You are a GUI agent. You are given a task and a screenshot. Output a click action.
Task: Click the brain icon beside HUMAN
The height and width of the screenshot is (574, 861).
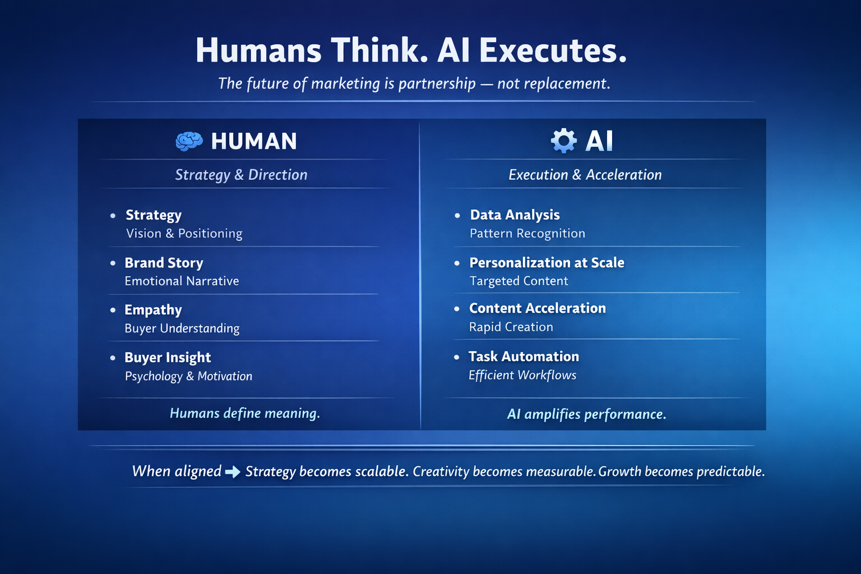click(x=189, y=141)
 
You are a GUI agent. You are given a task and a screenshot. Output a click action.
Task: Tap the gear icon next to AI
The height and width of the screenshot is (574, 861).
click(x=563, y=141)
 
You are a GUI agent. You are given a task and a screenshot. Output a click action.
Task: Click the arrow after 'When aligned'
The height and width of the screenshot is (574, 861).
click(x=233, y=472)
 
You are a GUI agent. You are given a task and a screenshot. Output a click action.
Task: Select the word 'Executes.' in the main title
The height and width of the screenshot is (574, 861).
click(x=553, y=50)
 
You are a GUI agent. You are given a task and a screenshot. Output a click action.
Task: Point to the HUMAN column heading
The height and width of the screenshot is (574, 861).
click(x=254, y=141)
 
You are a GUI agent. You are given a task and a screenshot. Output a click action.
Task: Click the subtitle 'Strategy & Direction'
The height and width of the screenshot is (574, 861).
click(x=241, y=175)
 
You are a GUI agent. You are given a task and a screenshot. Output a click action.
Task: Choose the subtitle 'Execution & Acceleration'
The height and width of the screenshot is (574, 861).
click(x=585, y=175)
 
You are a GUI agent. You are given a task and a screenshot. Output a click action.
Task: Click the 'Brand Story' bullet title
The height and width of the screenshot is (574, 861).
click(x=164, y=263)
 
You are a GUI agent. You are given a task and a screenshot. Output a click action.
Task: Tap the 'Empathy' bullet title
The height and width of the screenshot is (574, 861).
click(x=153, y=310)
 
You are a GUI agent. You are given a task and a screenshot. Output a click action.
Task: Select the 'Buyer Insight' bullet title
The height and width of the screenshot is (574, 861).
click(x=168, y=358)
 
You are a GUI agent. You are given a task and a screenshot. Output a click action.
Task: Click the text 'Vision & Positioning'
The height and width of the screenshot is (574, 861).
click(x=184, y=234)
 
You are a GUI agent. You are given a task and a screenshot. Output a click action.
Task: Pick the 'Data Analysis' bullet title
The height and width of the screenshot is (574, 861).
click(x=515, y=215)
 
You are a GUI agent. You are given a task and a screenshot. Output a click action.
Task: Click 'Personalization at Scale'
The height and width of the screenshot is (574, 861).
click(x=547, y=263)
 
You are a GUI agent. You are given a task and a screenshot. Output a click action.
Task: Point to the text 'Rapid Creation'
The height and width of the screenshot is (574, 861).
click(x=511, y=327)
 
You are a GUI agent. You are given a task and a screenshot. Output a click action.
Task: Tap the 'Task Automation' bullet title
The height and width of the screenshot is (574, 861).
click(x=524, y=357)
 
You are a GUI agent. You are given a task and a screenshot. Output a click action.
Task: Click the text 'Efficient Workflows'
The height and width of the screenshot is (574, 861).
click(x=522, y=375)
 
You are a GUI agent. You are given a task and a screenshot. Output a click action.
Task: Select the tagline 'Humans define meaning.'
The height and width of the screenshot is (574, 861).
click(x=244, y=414)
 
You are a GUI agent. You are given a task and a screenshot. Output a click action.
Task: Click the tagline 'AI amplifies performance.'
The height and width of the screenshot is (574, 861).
click(x=586, y=414)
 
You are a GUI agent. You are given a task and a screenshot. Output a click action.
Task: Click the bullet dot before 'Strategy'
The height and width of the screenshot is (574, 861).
click(x=113, y=215)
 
